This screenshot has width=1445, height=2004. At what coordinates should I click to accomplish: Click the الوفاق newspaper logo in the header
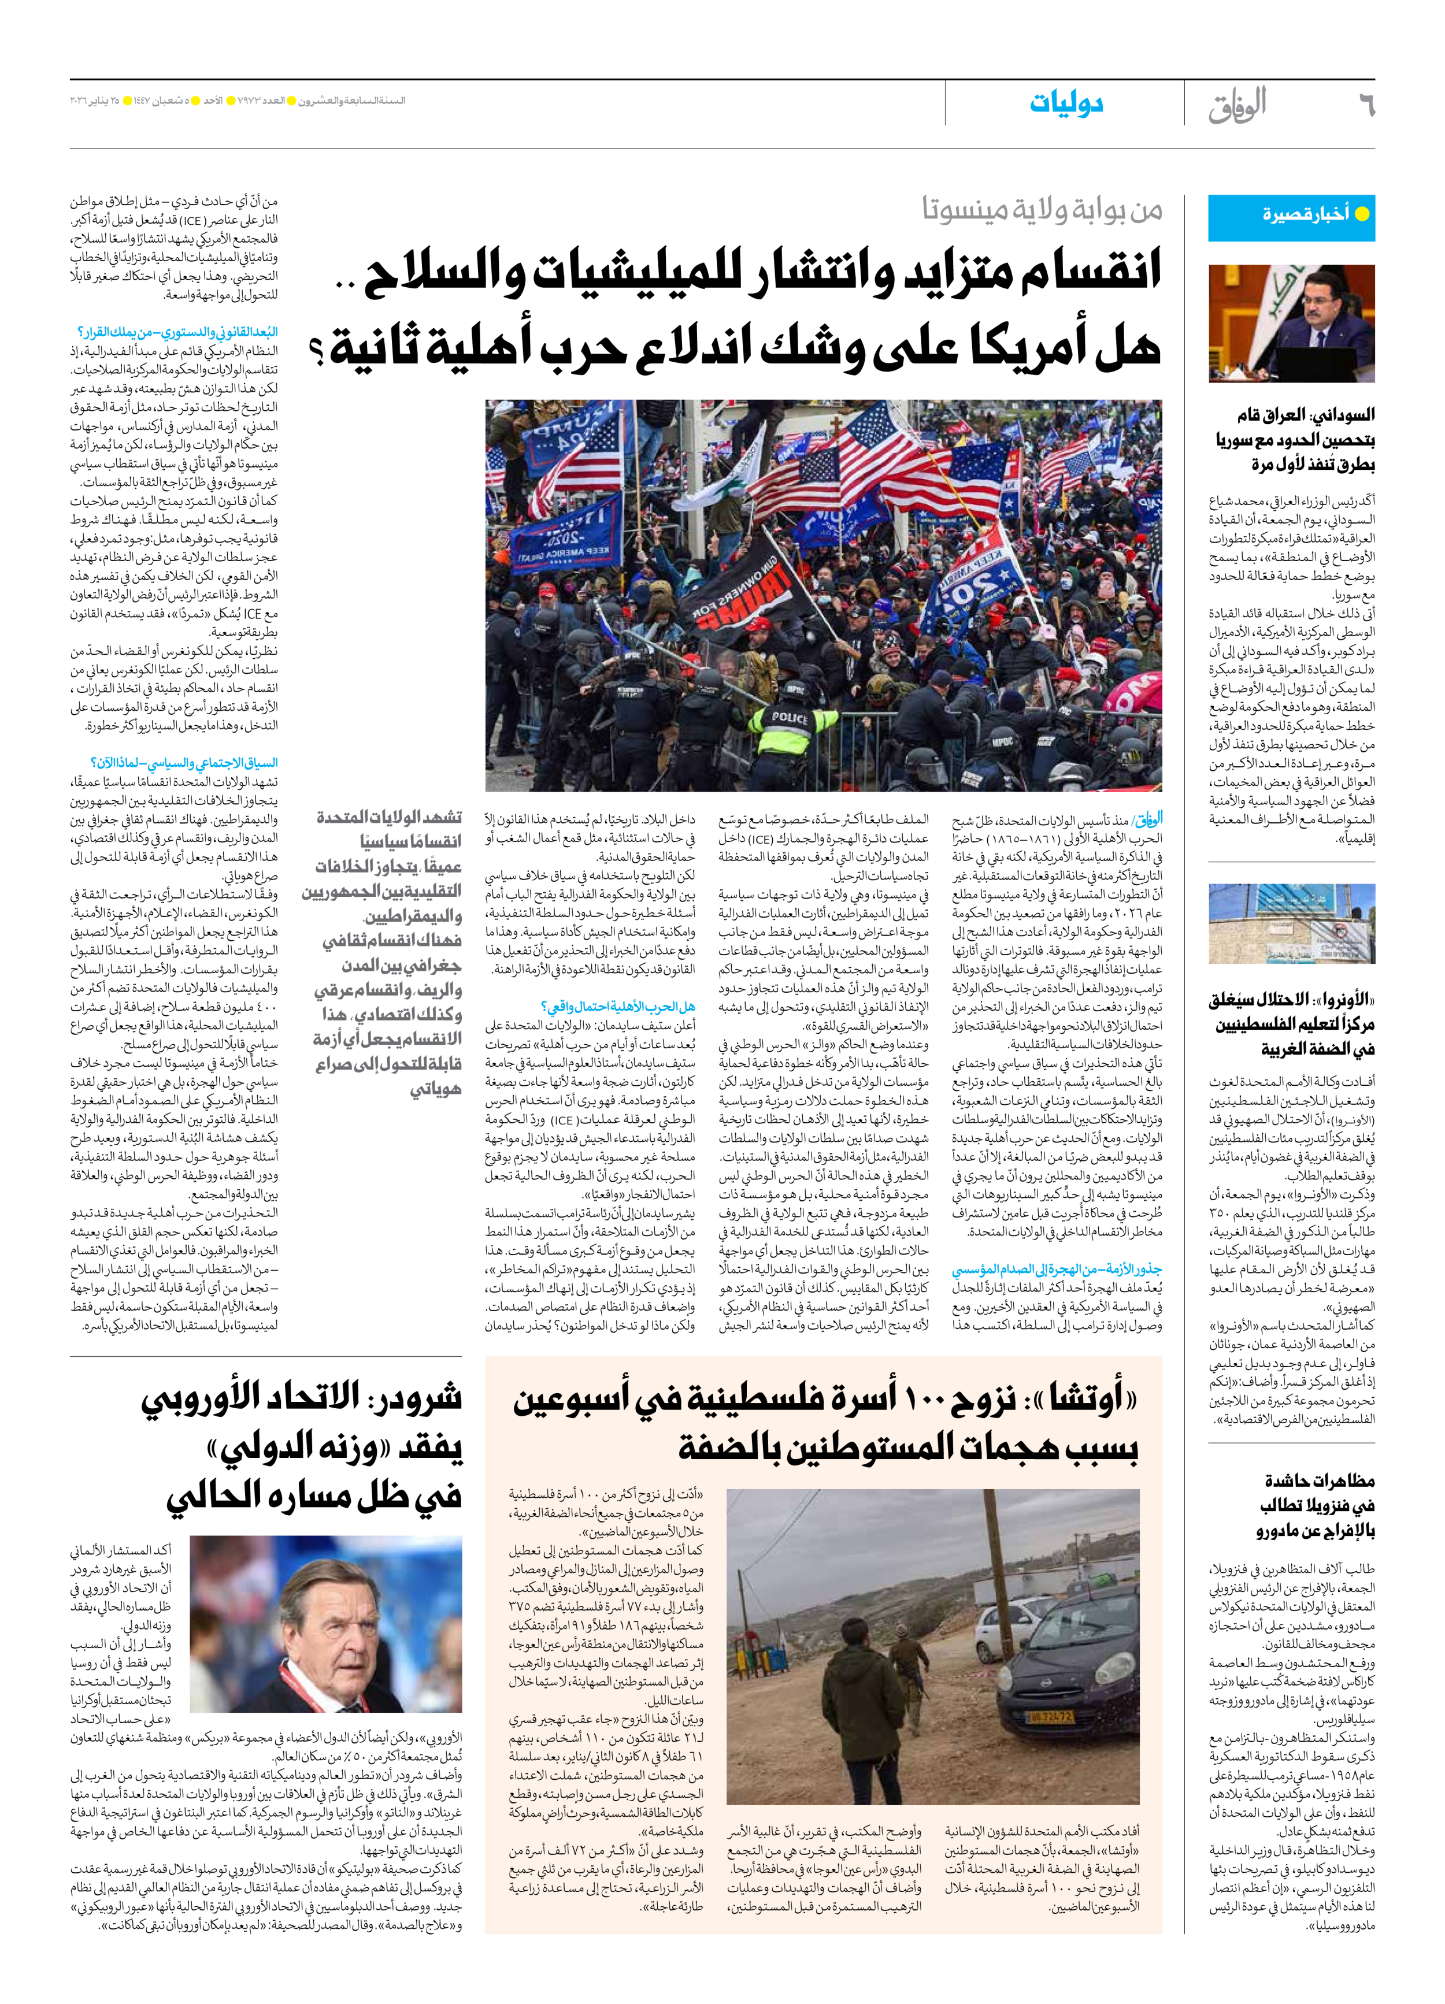(x=1237, y=106)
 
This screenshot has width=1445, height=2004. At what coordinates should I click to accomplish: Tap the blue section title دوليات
(x=1066, y=103)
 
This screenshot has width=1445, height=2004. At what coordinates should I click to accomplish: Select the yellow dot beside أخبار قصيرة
(x=1362, y=214)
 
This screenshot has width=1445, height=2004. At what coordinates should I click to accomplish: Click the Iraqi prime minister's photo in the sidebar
(x=1291, y=324)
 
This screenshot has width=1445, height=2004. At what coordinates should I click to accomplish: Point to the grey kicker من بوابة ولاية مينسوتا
(x=1042, y=209)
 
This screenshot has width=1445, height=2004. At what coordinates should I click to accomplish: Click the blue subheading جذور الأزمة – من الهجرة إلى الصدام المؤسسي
(x=1057, y=1270)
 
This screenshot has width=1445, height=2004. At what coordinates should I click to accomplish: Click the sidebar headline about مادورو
(x=1317, y=1505)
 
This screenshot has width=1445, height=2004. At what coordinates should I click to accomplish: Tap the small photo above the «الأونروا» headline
(x=1291, y=924)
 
